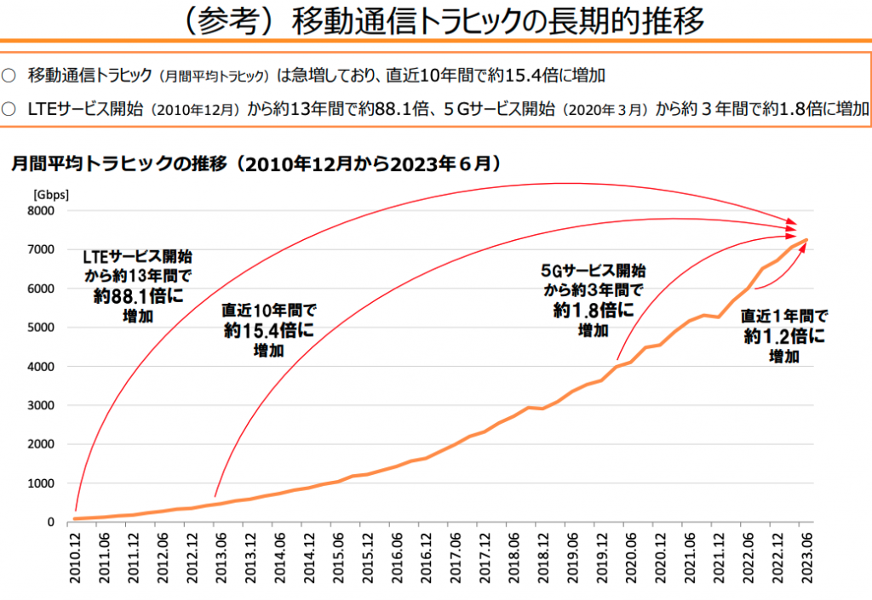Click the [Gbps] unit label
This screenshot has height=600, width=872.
pos(50,194)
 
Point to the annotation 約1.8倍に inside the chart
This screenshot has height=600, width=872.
pos(593,311)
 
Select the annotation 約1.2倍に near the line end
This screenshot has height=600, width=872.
pos(784,336)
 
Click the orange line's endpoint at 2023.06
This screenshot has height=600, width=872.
pos(806,240)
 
